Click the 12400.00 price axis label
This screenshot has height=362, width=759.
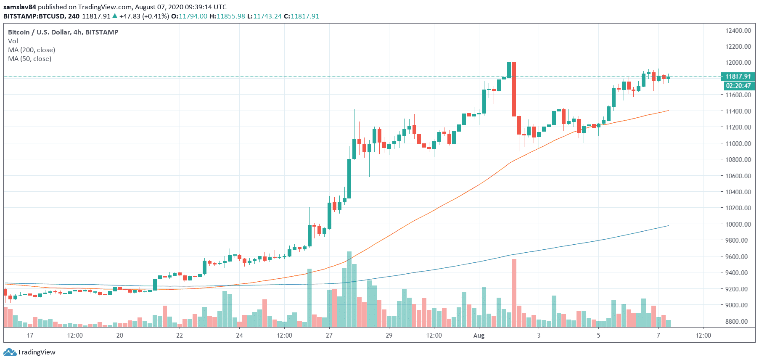tap(738, 30)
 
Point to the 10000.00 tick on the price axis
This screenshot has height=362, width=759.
tap(738, 224)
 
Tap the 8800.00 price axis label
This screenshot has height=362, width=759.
tap(738, 321)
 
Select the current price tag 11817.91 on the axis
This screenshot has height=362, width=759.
tap(738, 77)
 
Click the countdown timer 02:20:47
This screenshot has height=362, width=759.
tap(738, 86)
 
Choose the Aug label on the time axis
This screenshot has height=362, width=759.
tap(479, 336)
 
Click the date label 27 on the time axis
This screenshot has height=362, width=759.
tap(329, 336)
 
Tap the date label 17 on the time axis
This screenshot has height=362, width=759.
tap(30, 336)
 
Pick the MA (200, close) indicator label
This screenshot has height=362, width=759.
tap(32, 50)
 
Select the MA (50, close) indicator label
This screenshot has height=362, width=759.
tap(30, 59)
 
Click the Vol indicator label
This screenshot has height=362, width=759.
tap(13, 41)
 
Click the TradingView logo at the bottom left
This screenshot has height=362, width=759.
tap(29, 352)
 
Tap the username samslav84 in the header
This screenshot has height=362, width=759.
tap(20, 7)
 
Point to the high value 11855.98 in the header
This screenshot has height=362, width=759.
tap(230, 16)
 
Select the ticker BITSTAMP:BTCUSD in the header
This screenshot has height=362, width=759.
tap(34, 16)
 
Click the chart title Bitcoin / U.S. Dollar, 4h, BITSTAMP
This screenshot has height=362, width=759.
tap(63, 32)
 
